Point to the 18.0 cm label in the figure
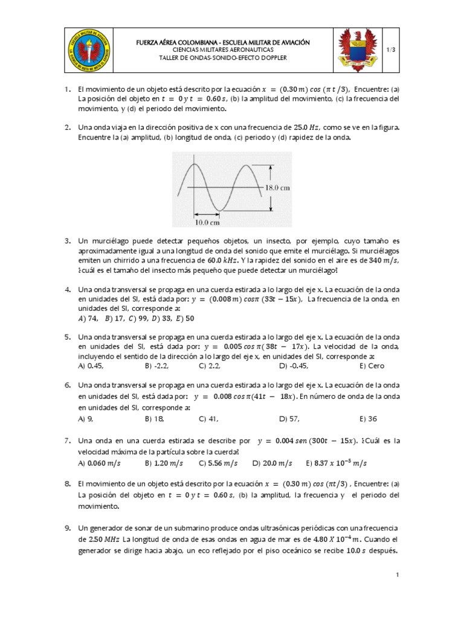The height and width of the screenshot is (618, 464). click(x=277, y=188)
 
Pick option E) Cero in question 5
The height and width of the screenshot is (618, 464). click(x=368, y=365)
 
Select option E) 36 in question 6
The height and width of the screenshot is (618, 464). click(x=368, y=418)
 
